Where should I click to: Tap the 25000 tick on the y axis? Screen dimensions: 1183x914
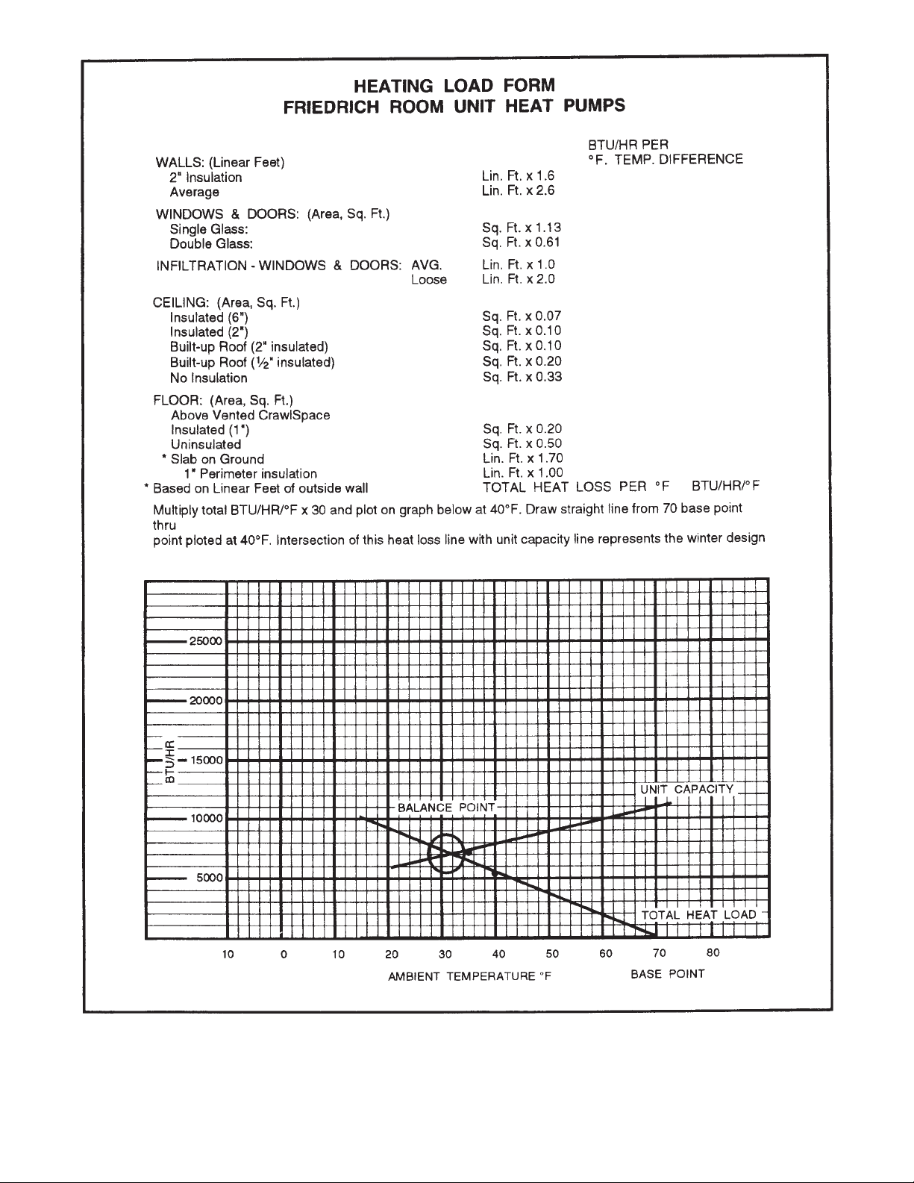pos(207,642)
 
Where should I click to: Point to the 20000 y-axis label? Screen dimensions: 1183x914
pos(207,702)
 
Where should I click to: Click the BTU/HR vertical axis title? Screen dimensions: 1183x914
pos(170,761)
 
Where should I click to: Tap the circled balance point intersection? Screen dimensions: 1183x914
pos(446,854)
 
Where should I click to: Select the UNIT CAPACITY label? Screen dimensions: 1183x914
pos(686,790)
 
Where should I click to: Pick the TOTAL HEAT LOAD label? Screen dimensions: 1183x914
pos(698,915)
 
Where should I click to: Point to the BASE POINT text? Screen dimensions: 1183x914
pos(667,975)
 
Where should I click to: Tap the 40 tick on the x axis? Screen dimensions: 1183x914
pos(499,954)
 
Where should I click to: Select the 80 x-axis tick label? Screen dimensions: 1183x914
pos(713,953)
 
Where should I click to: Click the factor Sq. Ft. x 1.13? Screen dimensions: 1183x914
pos(522,228)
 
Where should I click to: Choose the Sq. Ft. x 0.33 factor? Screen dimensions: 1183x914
pos(522,376)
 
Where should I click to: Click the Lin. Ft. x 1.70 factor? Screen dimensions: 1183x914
pos(522,458)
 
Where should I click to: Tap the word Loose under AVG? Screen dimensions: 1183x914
pos(429,280)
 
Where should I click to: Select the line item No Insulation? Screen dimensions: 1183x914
pos(208,378)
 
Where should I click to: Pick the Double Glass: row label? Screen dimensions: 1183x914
pos(211,244)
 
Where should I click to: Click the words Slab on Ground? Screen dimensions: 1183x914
pos(217,459)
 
